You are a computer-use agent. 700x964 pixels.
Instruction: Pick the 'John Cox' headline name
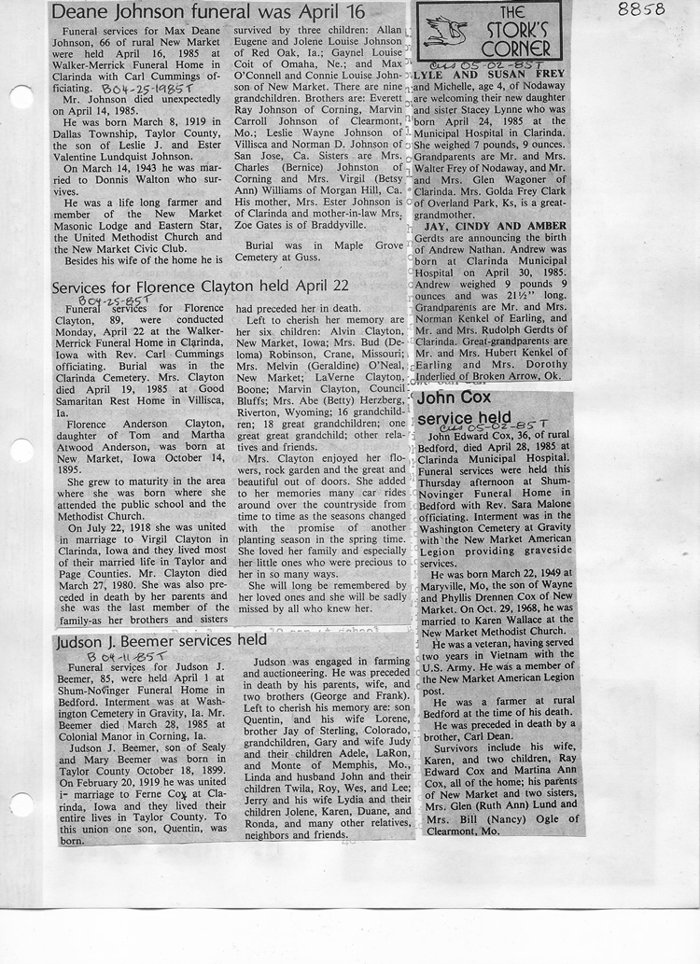(x=454, y=398)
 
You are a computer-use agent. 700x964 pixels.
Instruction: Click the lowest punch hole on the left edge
(x=20, y=803)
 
